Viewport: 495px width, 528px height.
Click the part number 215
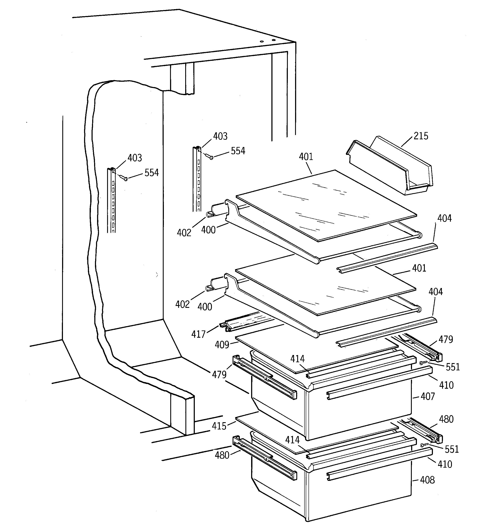pos(421,136)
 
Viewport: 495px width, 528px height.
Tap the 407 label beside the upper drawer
pos(428,397)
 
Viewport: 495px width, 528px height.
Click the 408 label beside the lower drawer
pos(427,480)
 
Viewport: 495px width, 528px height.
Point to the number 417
pos(198,334)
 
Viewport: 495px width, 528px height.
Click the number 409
pos(222,345)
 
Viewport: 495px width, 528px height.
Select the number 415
pos(219,426)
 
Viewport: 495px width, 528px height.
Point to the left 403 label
pos(135,158)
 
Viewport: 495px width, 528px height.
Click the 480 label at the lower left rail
pos(222,455)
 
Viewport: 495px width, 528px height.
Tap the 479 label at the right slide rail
pos(445,339)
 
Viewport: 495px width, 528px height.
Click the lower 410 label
pos(444,464)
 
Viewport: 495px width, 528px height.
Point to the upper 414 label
pos(297,359)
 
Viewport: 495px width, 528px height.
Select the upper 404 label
pos(444,218)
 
